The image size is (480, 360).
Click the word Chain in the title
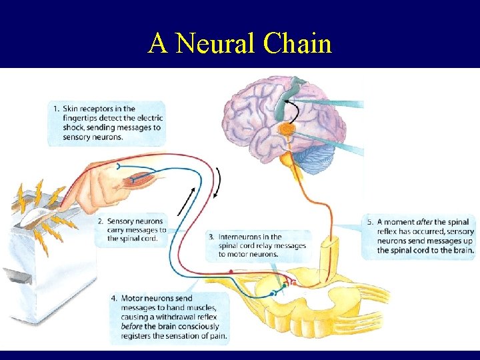coord(298,43)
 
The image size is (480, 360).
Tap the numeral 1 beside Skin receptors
coord(56,109)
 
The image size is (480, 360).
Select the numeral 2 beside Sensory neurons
coord(100,221)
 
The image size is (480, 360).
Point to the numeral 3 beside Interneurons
coord(211,237)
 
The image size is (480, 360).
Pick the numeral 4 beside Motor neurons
coord(115,298)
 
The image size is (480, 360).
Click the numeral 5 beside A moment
coord(370,222)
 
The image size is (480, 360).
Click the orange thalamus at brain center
coord(287,129)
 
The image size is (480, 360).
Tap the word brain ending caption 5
coord(461,250)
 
